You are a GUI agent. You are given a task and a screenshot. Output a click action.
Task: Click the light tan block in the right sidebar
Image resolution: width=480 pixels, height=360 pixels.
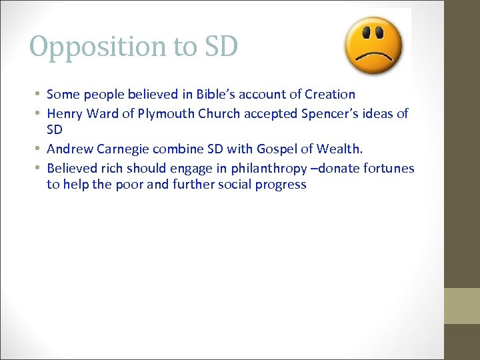[x=462, y=305]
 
